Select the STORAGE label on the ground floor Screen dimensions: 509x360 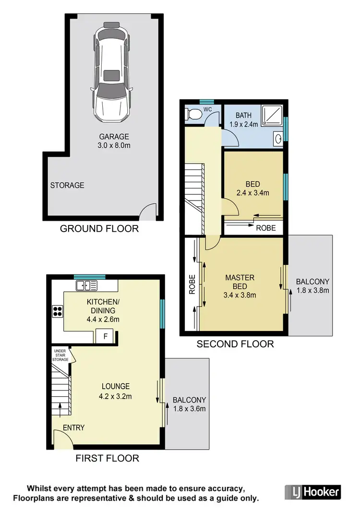pos(67,185)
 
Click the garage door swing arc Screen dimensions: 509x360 pos(148,211)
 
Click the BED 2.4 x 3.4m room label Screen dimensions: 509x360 pos(252,189)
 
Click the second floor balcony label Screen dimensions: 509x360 pos(312,286)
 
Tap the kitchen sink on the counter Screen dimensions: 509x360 pos(86,286)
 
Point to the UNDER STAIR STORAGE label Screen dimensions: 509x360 pos(60,355)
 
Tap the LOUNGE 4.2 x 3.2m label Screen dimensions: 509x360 pos(115,391)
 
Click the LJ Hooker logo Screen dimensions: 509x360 pos(312,492)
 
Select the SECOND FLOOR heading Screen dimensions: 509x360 pos(235,344)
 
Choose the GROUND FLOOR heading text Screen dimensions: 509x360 pos(99,229)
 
